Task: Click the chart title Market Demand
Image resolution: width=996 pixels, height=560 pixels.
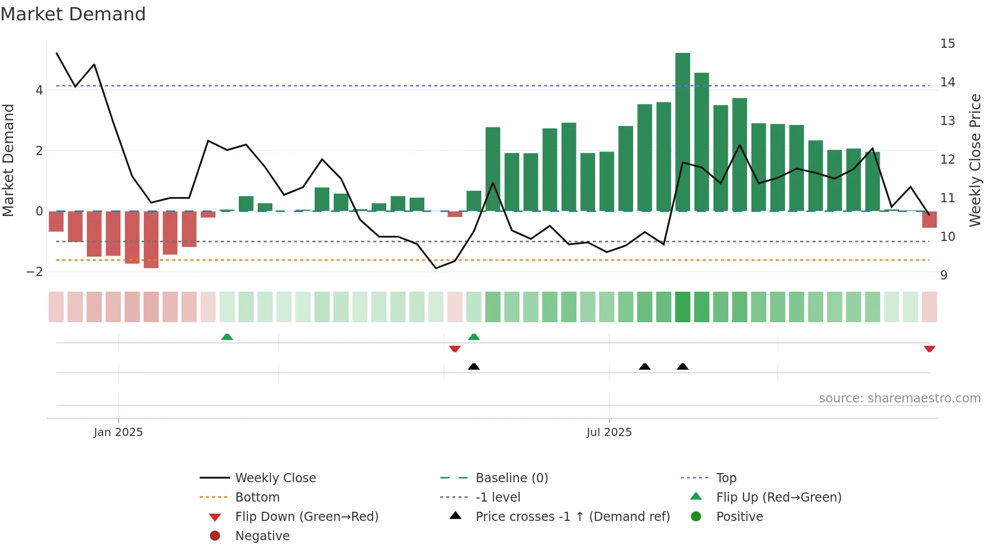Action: pyautogui.click(x=73, y=14)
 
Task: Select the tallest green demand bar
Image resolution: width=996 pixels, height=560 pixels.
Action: pyautogui.click(x=682, y=132)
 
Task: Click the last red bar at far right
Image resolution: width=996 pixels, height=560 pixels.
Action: pyautogui.click(x=929, y=220)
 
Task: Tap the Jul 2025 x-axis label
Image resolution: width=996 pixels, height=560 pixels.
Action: pyautogui.click(x=609, y=432)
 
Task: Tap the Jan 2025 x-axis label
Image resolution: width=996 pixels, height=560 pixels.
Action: pyautogui.click(x=118, y=432)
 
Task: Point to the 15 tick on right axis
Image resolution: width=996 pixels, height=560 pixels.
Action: pyautogui.click(x=947, y=44)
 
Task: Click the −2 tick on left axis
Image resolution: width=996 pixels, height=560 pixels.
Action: pyautogui.click(x=35, y=272)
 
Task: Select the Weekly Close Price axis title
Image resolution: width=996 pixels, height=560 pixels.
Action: pyautogui.click(x=975, y=160)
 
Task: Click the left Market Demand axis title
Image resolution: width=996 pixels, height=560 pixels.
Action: pyautogui.click(x=8, y=160)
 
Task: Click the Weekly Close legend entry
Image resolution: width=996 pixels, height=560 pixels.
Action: pyautogui.click(x=275, y=478)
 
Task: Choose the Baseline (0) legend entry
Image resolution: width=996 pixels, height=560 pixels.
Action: pyautogui.click(x=512, y=478)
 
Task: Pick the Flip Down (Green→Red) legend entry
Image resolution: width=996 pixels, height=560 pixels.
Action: pyautogui.click(x=306, y=517)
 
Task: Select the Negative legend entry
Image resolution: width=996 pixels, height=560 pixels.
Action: pyautogui.click(x=262, y=536)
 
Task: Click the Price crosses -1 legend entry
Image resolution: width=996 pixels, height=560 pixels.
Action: pyautogui.click(x=573, y=517)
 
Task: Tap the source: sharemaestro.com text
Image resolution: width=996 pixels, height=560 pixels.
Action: pyautogui.click(x=899, y=398)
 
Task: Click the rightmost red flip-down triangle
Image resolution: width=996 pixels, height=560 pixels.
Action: pyautogui.click(x=929, y=349)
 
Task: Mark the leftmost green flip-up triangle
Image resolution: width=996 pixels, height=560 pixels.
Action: pyautogui.click(x=227, y=337)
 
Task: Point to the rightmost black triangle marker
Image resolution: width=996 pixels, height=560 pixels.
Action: pyautogui.click(x=682, y=366)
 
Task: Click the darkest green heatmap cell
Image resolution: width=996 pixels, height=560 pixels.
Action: pyautogui.click(x=682, y=307)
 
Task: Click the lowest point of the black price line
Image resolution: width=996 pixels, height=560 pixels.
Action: pyautogui.click(x=436, y=268)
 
